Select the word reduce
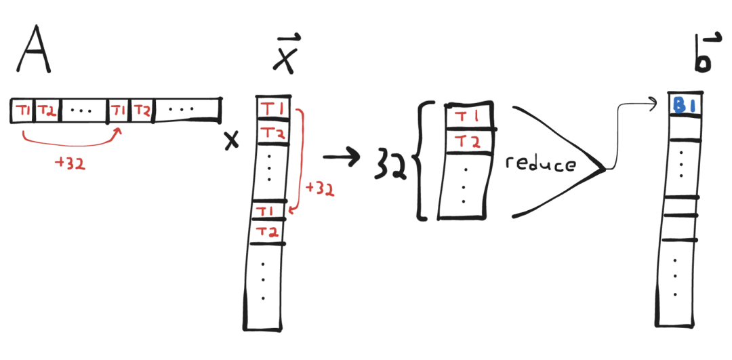(x=540, y=164)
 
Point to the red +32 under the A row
(x=70, y=164)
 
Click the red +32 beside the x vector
(x=320, y=189)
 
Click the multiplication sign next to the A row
(x=232, y=140)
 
